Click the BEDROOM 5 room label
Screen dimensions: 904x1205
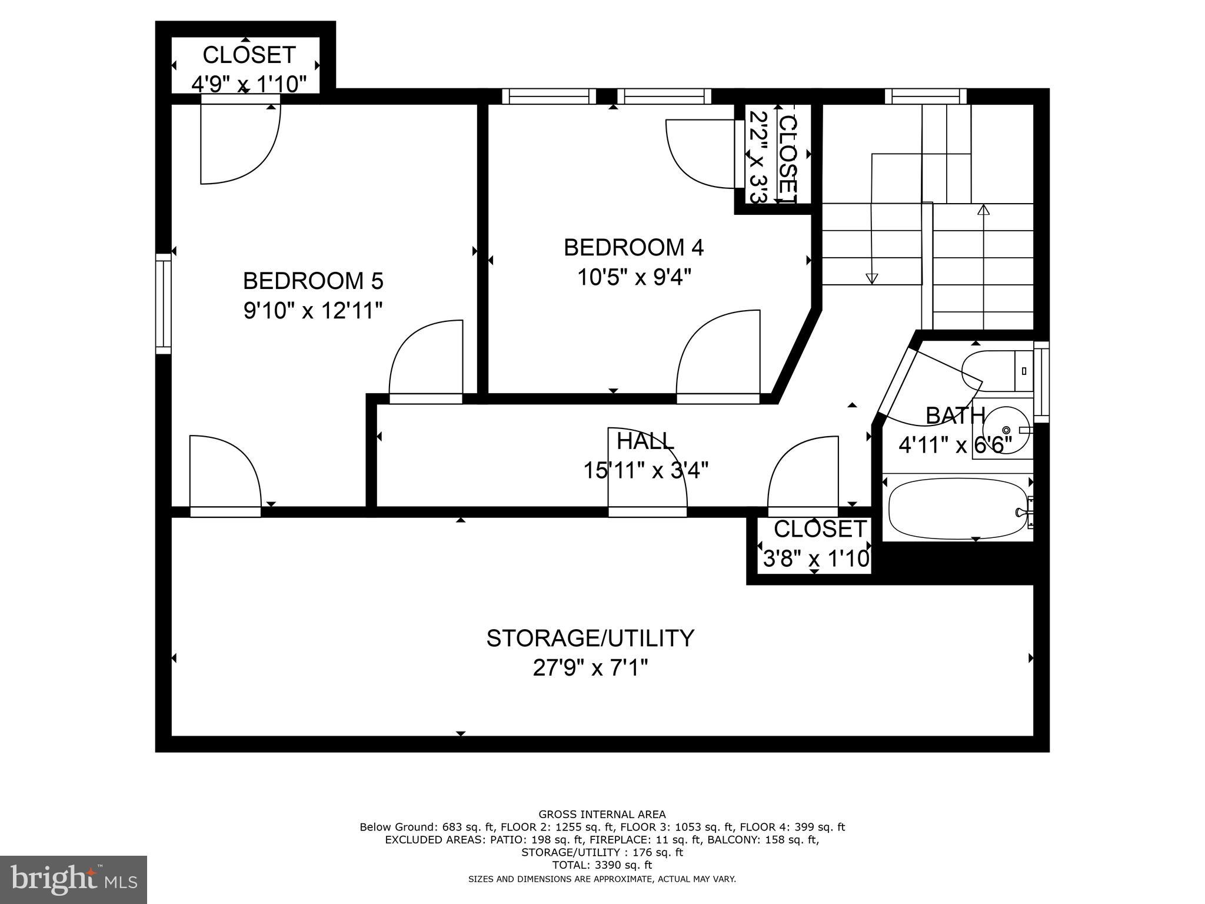click(x=313, y=281)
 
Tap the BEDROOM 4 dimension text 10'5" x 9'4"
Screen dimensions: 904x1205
click(x=633, y=277)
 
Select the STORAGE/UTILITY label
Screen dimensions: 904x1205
click(x=590, y=638)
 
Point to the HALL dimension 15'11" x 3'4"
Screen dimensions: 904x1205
click(x=645, y=470)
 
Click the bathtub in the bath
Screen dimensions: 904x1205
click(x=957, y=508)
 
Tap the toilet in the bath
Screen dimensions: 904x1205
click(x=1000, y=371)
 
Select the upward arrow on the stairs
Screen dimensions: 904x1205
click(x=983, y=209)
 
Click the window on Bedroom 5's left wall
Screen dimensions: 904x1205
click(x=163, y=304)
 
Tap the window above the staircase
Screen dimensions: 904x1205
click(x=926, y=97)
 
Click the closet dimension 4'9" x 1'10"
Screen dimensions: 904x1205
click(x=249, y=84)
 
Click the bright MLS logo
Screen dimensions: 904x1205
click(x=74, y=879)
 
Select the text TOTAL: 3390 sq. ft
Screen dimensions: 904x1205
click(x=602, y=865)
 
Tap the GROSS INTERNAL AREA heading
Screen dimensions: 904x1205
click(x=602, y=815)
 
